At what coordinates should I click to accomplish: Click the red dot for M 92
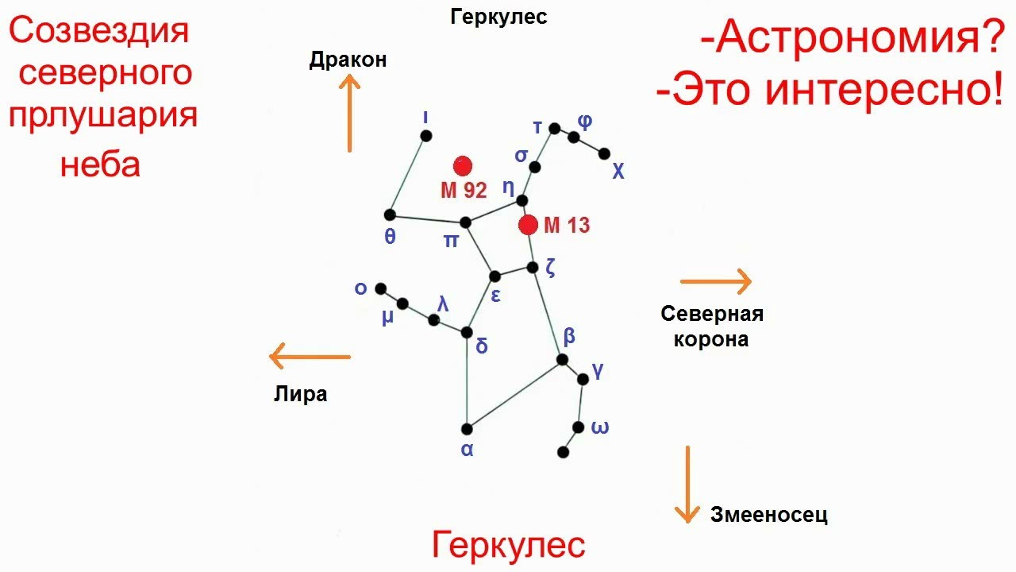(x=463, y=166)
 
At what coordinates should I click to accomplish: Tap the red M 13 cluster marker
(x=528, y=225)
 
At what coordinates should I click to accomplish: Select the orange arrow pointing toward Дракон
(x=349, y=114)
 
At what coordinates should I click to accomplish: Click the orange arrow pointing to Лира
(x=310, y=357)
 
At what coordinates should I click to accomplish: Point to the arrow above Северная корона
(x=715, y=280)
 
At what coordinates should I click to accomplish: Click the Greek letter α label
(x=467, y=450)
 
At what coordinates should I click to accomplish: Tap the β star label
(x=569, y=336)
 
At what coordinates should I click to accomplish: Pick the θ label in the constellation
(x=390, y=236)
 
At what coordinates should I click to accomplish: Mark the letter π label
(x=451, y=241)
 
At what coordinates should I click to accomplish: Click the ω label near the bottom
(x=600, y=428)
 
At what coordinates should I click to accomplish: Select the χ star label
(x=618, y=172)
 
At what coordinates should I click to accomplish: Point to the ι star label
(x=425, y=116)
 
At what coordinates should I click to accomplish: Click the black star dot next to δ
(x=468, y=332)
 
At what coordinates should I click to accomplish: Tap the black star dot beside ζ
(x=533, y=268)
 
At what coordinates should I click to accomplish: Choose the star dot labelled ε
(x=495, y=276)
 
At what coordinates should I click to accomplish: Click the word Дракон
(x=348, y=60)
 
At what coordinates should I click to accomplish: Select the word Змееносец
(x=768, y=515)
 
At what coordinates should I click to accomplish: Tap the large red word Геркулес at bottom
(x=509, y=546)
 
